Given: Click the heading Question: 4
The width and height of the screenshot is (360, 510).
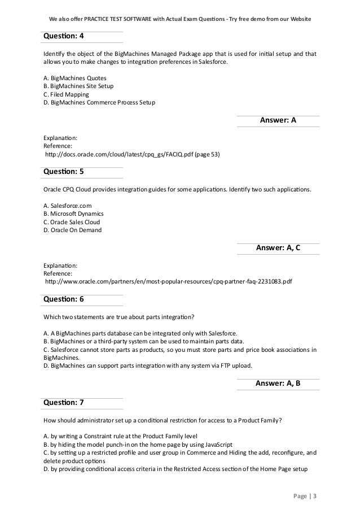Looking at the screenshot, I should pos(64,36).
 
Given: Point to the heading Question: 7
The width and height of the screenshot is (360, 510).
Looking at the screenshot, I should pos(64,402).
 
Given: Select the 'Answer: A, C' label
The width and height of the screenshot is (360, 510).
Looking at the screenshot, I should pos(278,247).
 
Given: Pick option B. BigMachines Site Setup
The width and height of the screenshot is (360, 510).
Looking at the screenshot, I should pos(78,86).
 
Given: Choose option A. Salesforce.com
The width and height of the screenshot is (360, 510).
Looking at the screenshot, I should pos(67,206).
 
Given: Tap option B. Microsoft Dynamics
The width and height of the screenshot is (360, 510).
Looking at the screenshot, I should pos(73,214).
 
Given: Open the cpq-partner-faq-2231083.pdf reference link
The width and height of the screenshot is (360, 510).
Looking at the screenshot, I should pos(169,281).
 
